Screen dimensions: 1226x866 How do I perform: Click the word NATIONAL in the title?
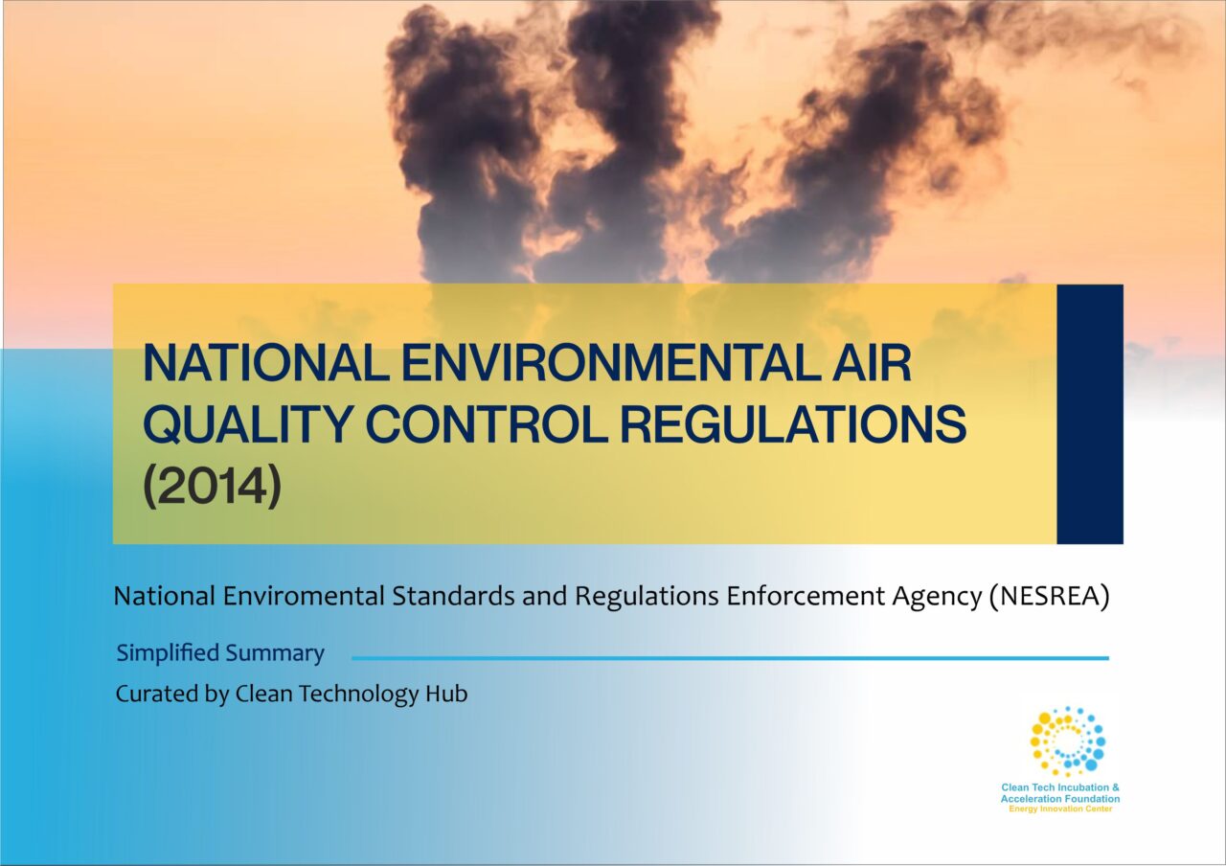(x=266, y=362)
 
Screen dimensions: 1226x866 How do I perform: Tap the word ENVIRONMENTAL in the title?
(x=611, y=362)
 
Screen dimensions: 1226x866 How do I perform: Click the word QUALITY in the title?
(x=247, y=424)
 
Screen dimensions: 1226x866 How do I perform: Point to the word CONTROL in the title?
(x=486, y=423)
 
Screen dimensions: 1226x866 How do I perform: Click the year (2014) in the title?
(x=213, y=486)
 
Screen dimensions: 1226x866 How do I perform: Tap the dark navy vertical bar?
(x=1090, y=414)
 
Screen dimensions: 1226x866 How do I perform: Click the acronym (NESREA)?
(x=1050, y=596)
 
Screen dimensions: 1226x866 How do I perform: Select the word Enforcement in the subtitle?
(x=805, y=596)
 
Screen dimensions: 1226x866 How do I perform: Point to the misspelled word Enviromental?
(x=304, y=596)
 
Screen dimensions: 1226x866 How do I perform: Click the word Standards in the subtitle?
(x=453, y=596)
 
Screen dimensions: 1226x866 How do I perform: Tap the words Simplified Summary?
(x=220, y=653)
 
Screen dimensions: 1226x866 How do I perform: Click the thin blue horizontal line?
(x=730, y=658)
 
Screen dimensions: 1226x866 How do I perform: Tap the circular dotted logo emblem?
(x=1067, y=741)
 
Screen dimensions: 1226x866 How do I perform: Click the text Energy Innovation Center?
(x=1060, y=809)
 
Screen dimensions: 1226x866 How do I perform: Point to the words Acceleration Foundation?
(x=1060, y=799)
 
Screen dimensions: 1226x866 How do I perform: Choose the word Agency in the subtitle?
(x=936, y=597)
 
